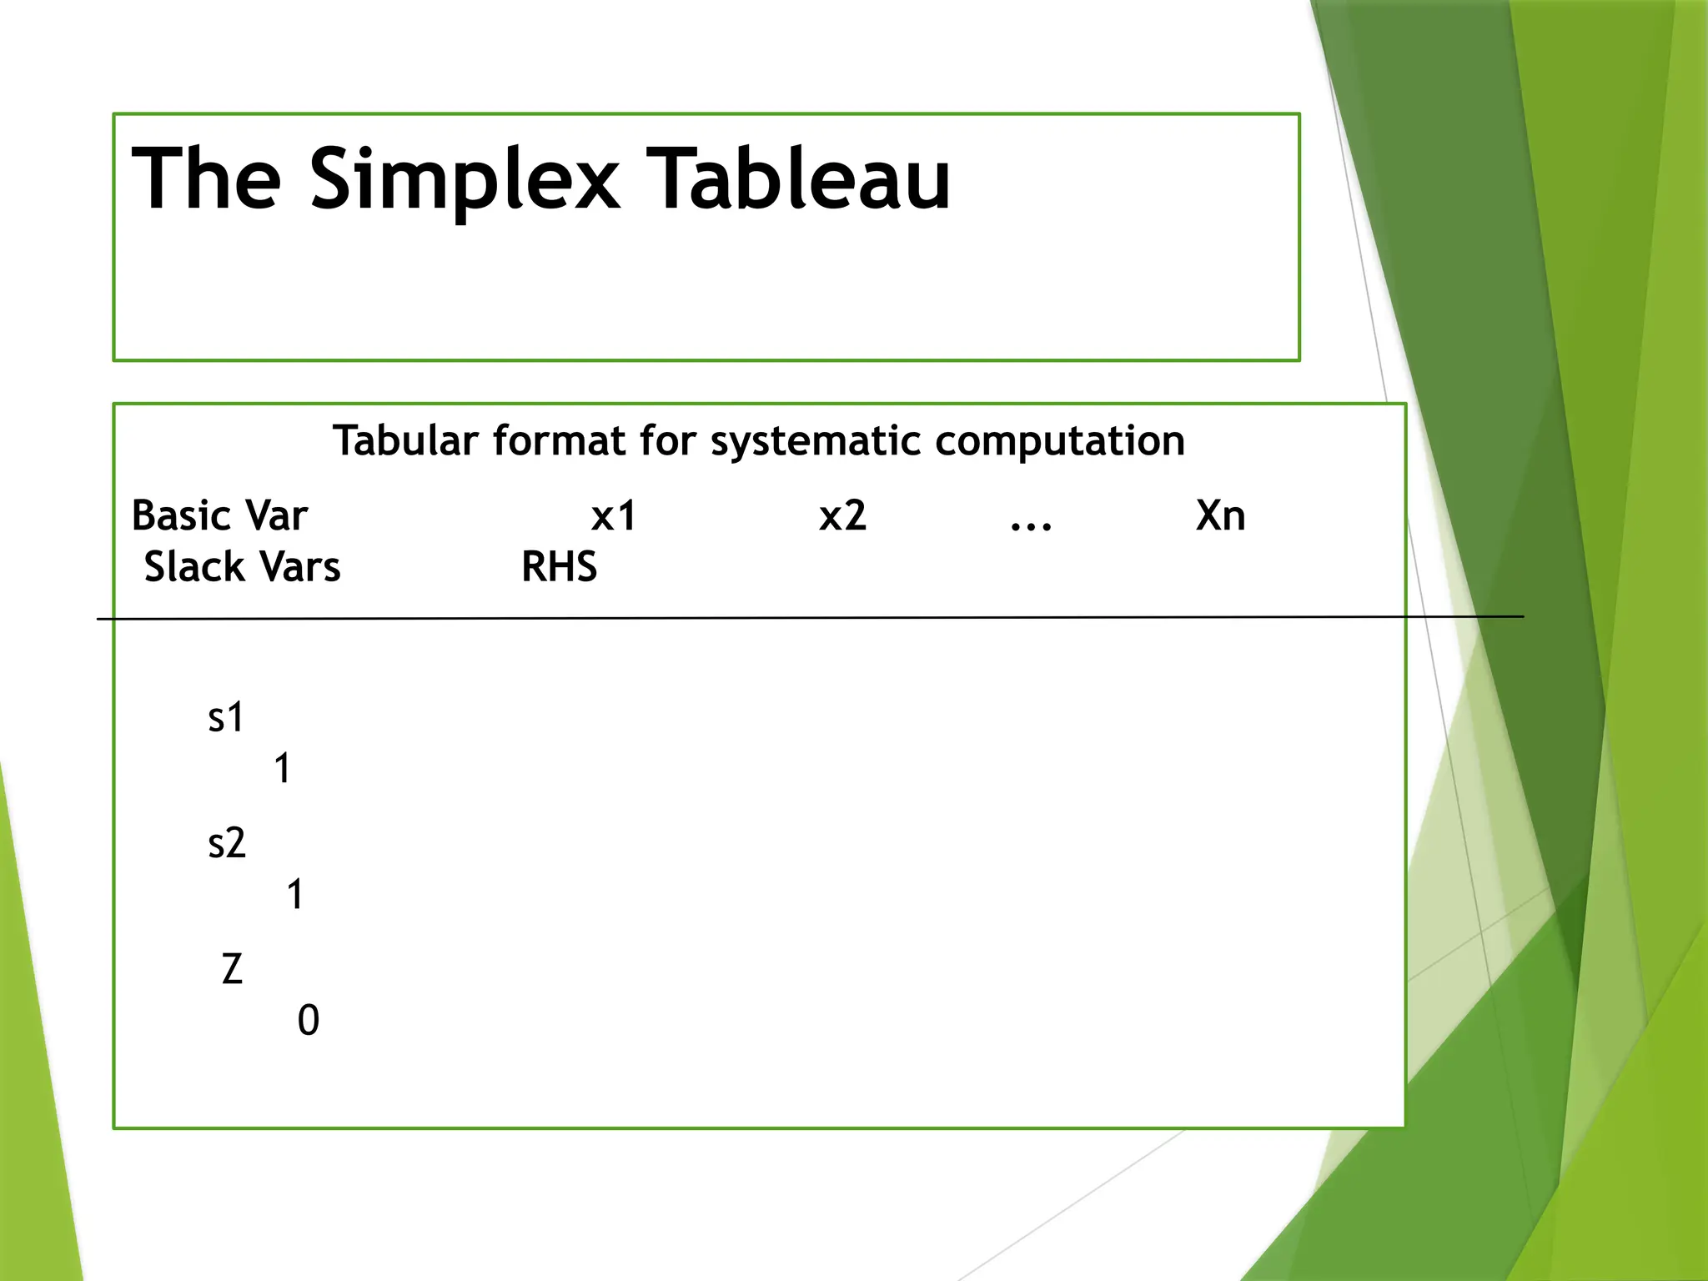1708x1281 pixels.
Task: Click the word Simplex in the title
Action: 465,180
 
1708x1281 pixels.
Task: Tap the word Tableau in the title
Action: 798,178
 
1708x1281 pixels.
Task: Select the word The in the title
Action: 206,178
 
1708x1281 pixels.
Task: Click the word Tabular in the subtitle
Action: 406,440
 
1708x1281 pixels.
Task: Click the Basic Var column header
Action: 219,515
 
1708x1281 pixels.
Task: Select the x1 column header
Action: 613,515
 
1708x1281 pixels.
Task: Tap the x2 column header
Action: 842,515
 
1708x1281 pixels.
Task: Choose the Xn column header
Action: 1220,515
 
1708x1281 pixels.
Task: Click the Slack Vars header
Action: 242,567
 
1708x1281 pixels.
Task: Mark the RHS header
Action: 559,567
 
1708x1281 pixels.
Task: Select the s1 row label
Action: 226,717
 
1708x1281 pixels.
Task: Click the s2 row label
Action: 227,843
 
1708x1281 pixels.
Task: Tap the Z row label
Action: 232,969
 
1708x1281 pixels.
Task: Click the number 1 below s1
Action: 283,768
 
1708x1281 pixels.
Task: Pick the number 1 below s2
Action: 295,895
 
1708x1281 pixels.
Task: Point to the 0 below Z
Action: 308,1021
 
